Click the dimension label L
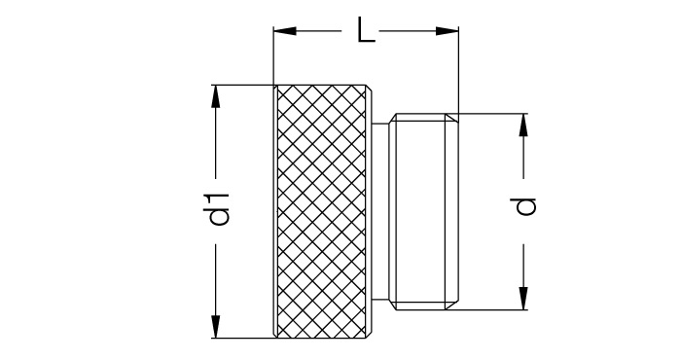(x=366, y=30)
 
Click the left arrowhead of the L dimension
(x=285, y=31)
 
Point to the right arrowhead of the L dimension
(x=447, y=31)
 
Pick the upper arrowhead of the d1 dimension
(x=215, y=96)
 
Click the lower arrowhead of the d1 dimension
(x=215, y=327)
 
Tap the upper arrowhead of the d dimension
(x=523, y=126)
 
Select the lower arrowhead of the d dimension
(x=523, y=299)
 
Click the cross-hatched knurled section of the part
(x=321, y=211)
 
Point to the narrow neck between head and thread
(x=381, y=211)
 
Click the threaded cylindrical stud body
(x=417, y=211)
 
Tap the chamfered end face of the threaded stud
(x=451, y=211)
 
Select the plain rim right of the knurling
(x=369, y=211)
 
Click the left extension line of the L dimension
(x=273, y=55)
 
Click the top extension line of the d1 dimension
(x=244, y=85)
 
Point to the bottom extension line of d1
(x=244, y=338)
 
